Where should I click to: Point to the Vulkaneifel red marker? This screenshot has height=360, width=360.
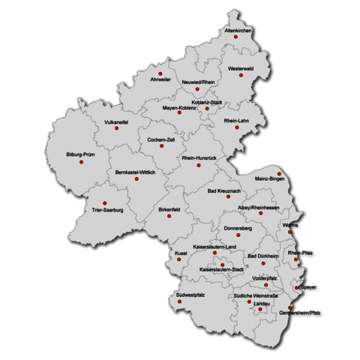pos(116,128)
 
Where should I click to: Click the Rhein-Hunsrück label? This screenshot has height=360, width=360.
pos(199,158)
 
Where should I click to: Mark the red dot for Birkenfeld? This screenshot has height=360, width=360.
pos(169,216)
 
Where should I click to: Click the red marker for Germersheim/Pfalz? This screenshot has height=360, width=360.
pos(291,307)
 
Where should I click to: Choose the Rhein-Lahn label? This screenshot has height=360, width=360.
pos(236,120)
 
